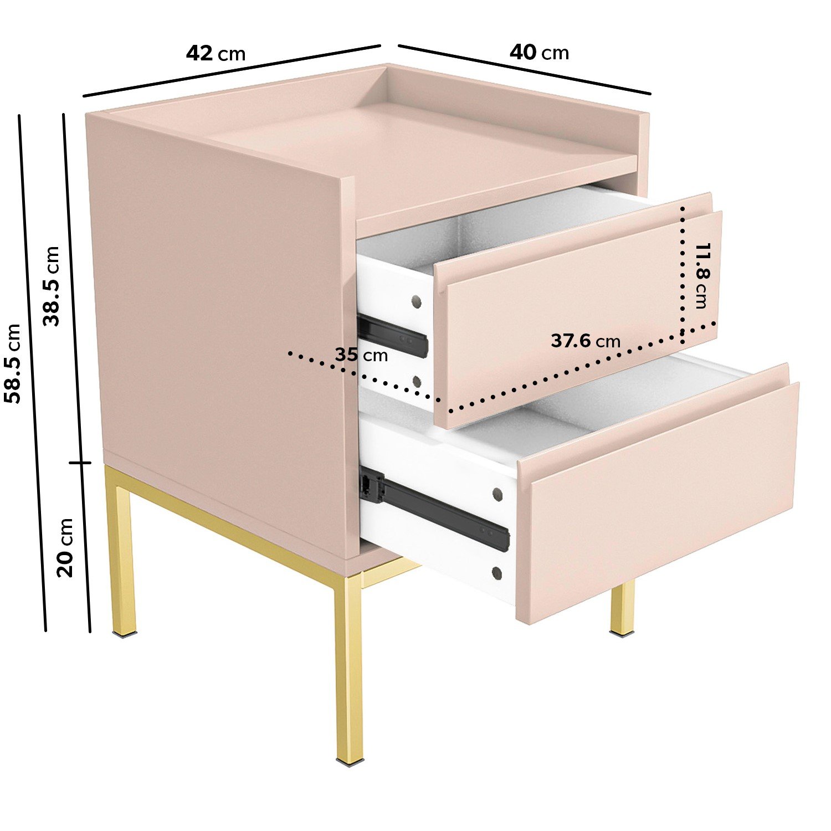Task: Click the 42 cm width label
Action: click(x=216, y=54)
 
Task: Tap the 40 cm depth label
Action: click(x=539, y=53)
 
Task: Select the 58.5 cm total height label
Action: click(x=12, y=363)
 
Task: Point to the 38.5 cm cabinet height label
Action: click(x=52, y=286)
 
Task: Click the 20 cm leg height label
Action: click(x=65, y=547)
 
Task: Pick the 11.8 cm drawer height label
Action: click(x=701, y=275)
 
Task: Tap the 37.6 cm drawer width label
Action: click(x=586, y=341)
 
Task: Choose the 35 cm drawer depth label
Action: click(x=361, y=355)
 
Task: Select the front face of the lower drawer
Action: click(x=656, y=501)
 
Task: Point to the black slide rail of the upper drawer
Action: click(x=392, y=336)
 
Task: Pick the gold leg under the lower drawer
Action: click(x=623, y=608)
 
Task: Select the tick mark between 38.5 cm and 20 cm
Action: click(x=79, y=463)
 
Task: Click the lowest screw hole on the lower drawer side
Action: click(x=496, y=573)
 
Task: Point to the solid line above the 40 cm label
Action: click(x=524, y=69)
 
